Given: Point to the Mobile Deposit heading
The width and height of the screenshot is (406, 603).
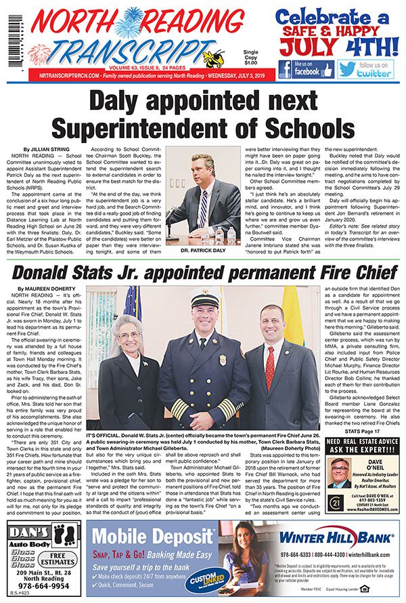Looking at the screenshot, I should pyautogui.click(x=152, y=537).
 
